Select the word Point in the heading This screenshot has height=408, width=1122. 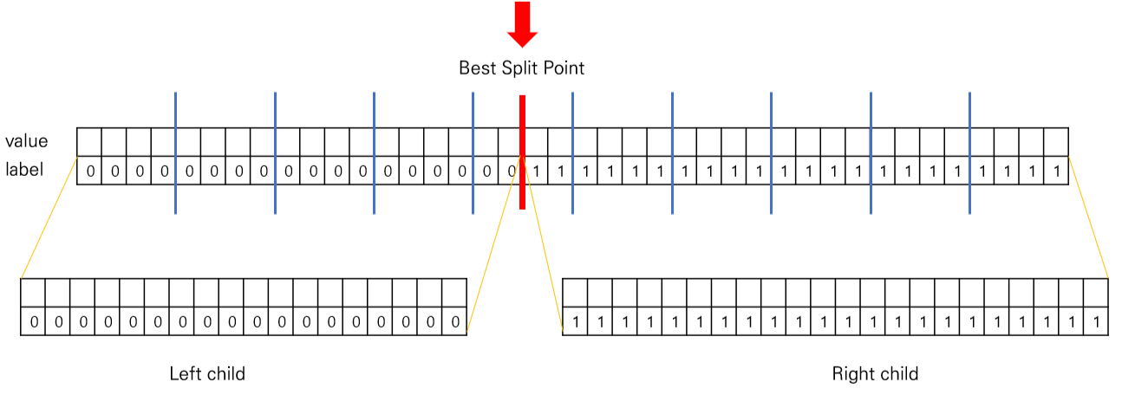pyautogui.click(x=564, y=68)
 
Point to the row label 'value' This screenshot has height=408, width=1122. pyautogui.click(x=27, y=141)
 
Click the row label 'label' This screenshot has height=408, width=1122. pyautogui.click(x=24, y=170)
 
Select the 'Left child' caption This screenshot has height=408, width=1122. pyautogui.click(x=207, y=374)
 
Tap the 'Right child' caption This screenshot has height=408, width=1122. pyautogui.click(x=875, y=374)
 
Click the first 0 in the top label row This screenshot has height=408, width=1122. pyautogui.click(x=89, y=171)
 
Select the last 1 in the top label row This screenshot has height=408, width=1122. pyautogui.click(x=1056, y=171)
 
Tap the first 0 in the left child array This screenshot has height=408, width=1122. pyautogui.click(x=33, y=322)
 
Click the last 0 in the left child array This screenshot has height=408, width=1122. pyautogui.click(x=455, y=322)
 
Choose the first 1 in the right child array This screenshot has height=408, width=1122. pyautogui.click(x=575, y=322)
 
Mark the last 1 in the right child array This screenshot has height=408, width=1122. pyautogui.click(x=1097, y=322)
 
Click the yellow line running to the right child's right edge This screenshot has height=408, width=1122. pyautogui.click(x=1089, y=217)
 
